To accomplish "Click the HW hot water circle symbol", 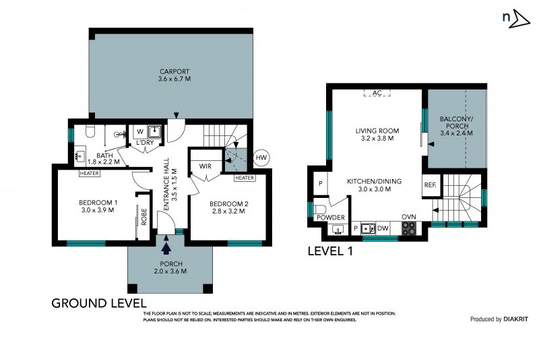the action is tap(261, 158).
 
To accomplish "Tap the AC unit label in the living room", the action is tap(377, 93).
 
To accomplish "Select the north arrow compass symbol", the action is tap(516, 19).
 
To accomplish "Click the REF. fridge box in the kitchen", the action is tap(430, 185).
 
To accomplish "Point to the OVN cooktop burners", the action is tap(409, 228).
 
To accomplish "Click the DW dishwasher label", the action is tap(383, 228).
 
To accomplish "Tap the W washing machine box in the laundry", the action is tap(140, 131).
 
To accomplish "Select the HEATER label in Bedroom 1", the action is tap(90, 174).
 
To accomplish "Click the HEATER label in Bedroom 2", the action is tap(245, 178).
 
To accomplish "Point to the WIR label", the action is tap(205, 166).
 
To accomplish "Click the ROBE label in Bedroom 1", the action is tap(144, 217).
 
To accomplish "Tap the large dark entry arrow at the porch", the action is tap(166, 249).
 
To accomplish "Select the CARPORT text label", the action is tap(175, 71).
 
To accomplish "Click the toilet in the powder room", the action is tap(321, 209).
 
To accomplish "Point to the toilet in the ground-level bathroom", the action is tap(90, 131).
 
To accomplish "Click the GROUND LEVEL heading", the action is tap(99, 303).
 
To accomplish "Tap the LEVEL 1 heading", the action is tap(330, 251).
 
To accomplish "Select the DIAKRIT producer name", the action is tap(515, 319).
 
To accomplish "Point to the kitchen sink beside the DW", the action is tap(368, 228).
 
